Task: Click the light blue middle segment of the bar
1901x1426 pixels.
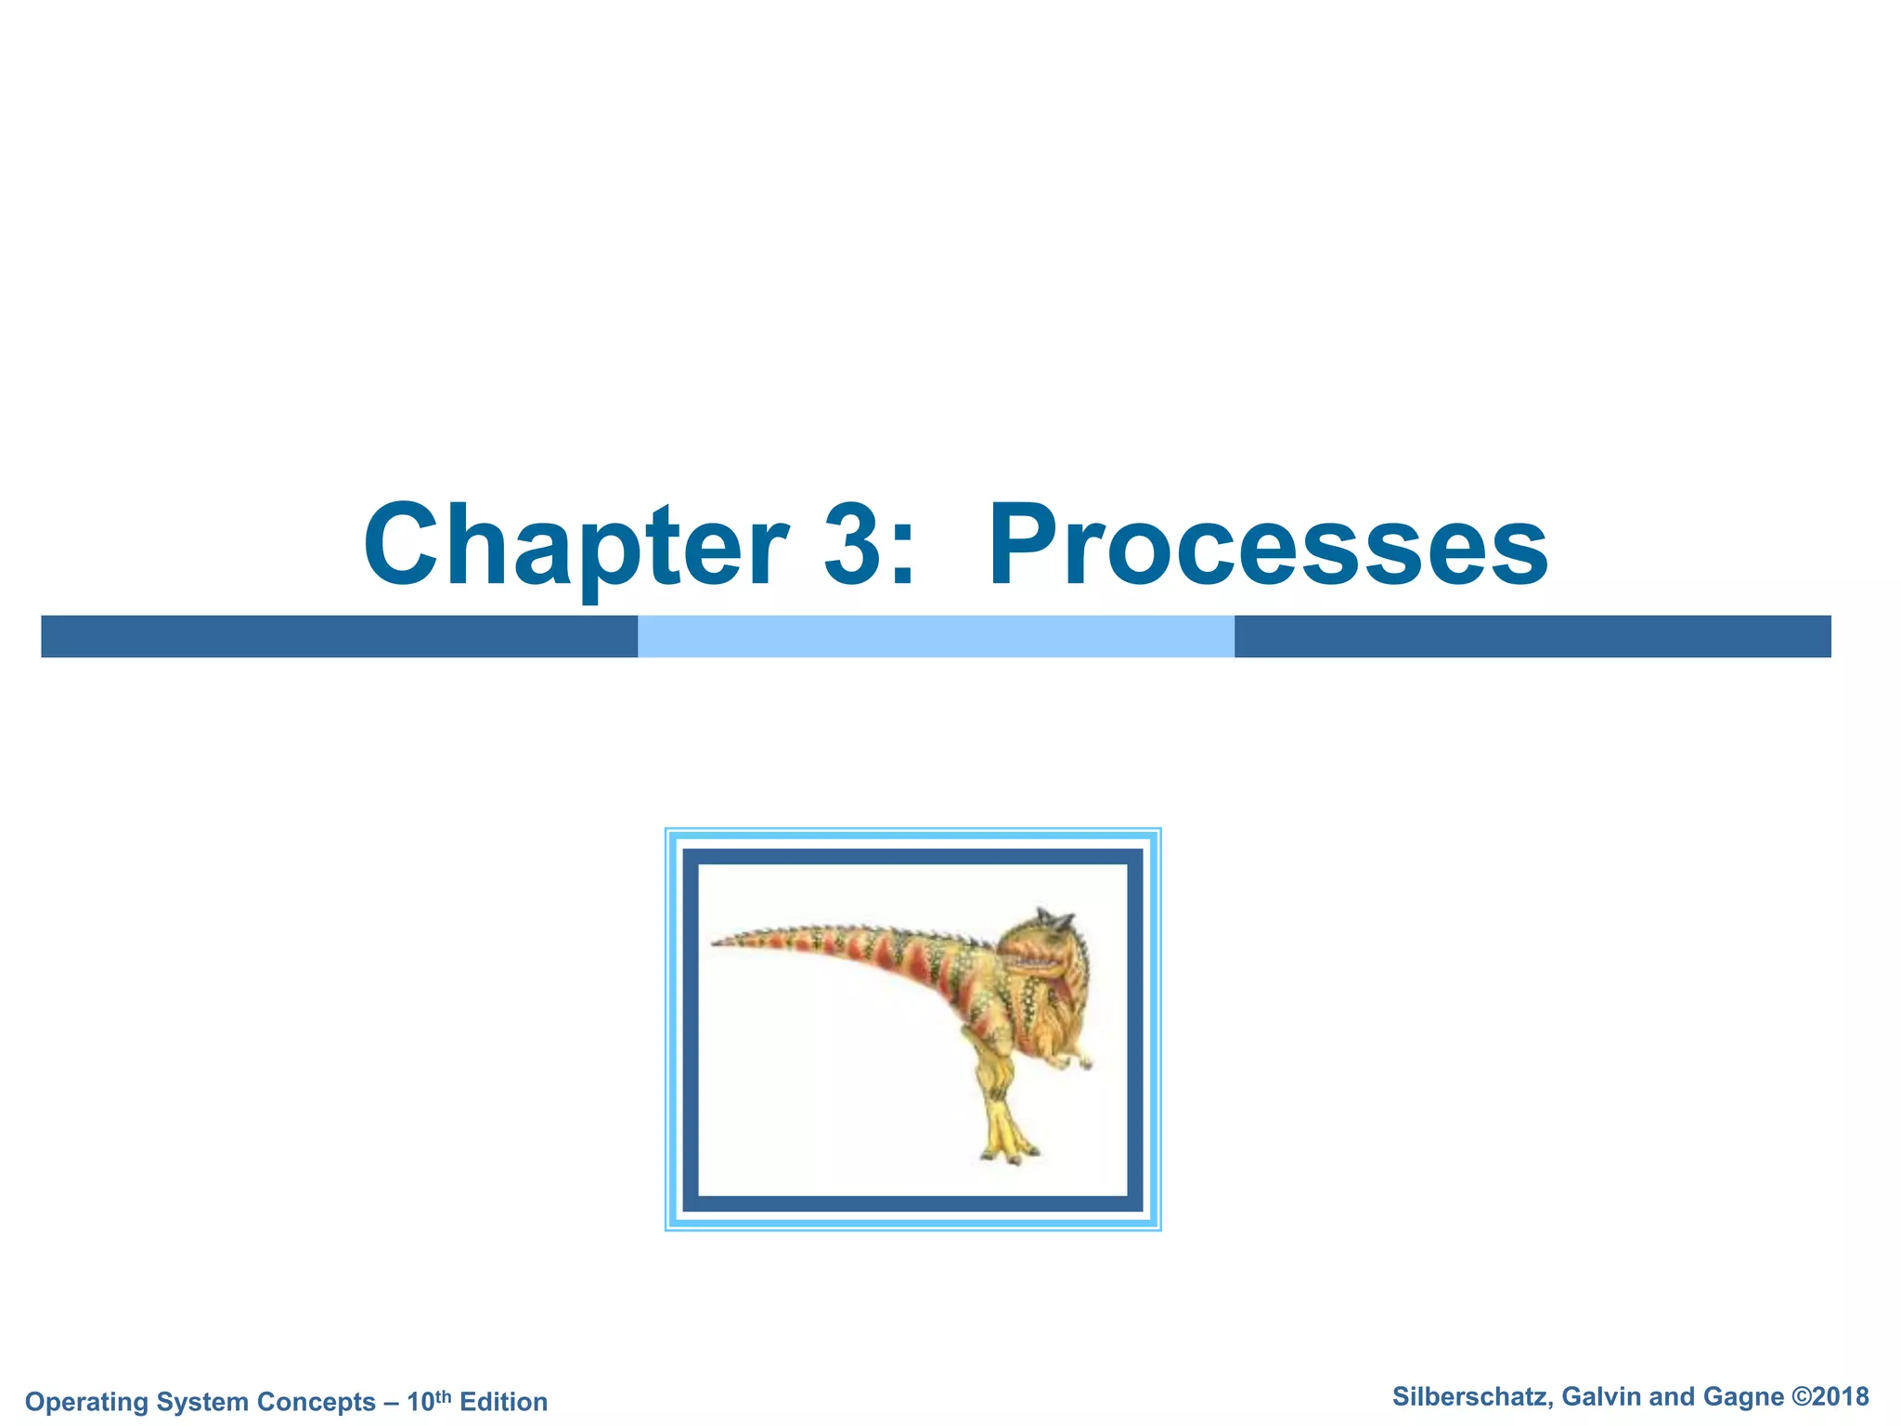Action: pos(936,636)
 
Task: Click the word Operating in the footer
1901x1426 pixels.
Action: pos(87,1402)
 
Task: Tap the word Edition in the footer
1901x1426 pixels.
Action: pos(504,1402)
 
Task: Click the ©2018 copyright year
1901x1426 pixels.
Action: pos(1830,1397)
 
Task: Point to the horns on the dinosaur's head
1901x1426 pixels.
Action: pos(1054,919)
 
